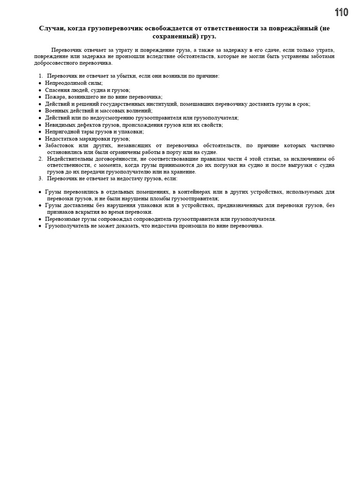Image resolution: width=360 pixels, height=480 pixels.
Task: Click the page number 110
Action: click(342, 12)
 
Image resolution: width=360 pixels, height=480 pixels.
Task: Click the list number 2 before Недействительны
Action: click(40, 159)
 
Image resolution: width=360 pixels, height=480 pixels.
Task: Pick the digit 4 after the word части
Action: click(246, 159)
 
